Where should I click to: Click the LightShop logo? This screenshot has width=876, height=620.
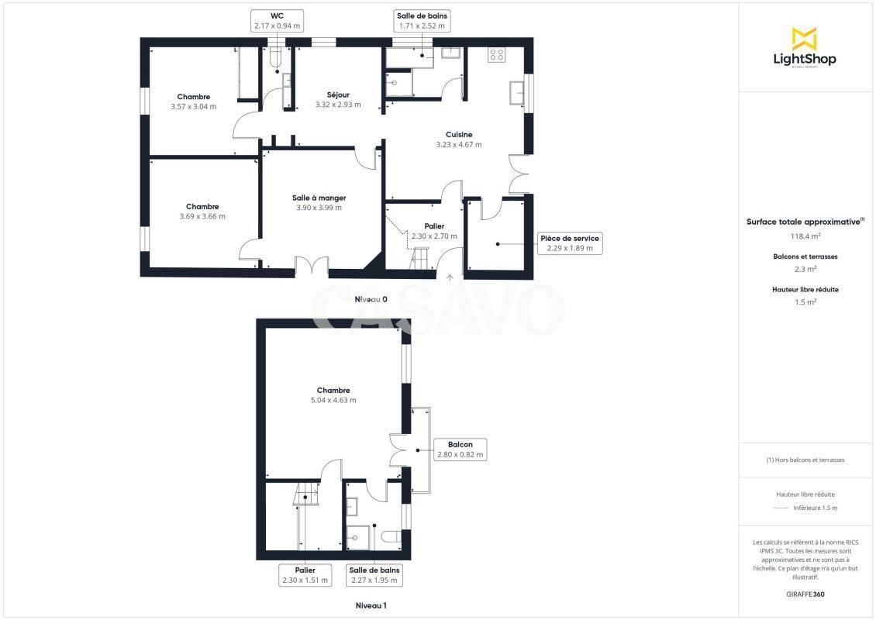pos(805,48)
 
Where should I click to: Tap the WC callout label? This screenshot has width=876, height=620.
pos(277,21)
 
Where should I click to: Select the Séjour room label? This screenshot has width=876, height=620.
pos(338,95)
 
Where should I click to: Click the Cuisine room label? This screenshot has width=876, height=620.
pos(459,135)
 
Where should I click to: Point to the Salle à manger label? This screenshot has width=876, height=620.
pos(319,198)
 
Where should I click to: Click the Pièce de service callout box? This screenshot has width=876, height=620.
pos(570,243)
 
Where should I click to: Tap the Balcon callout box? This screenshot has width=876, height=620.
pos(460,449)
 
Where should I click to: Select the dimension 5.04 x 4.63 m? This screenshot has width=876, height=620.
pos(333,400)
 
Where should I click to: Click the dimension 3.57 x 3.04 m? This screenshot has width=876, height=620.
pos(193,106)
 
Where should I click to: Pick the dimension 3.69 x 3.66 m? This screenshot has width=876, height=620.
pos(202,216)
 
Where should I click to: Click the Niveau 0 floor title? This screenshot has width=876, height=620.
pos(371,299)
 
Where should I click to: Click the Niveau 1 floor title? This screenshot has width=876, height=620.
pos(371,605)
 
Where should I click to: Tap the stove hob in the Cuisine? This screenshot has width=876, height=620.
pos(497,55)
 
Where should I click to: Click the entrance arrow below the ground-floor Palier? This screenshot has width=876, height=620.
pos(450,277)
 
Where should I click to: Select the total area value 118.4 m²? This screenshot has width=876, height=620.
pos(805,236)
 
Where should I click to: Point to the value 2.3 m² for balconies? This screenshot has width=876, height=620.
pos(805,269)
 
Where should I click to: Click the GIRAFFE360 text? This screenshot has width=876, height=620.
pos(805,594)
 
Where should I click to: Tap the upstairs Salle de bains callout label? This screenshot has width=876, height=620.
pos(374,575)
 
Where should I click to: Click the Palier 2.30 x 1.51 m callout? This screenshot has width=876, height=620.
pos(305,575)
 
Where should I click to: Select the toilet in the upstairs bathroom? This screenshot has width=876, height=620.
pos(391,537)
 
